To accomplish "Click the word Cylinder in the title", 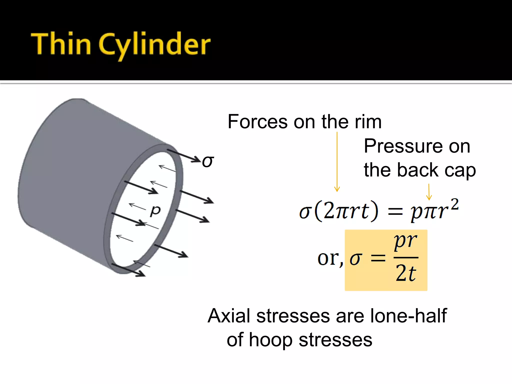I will [x=155, y=45].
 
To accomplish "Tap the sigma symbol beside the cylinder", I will [x=208, y=161].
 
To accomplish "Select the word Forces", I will [x=257, y=122].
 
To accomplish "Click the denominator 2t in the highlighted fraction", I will [x=405, y=273].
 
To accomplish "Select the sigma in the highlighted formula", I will [x=356, y=259].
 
